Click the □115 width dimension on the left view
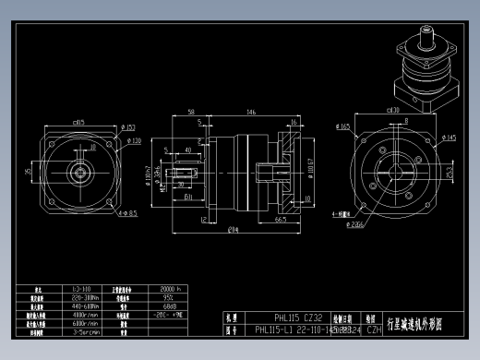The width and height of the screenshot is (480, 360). (78, 122)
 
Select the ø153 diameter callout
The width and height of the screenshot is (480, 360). (128, 127)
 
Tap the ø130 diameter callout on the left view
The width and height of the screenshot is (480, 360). (134, 141)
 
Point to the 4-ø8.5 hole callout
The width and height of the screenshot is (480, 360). (128, 213)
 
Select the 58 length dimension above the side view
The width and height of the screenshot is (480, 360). (190, 112)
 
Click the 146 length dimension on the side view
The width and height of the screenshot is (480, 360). (251, 112)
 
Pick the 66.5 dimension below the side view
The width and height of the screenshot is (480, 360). (280, 220)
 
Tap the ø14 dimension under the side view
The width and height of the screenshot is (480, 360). (234, 229)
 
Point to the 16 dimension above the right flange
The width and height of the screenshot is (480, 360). (293, 122)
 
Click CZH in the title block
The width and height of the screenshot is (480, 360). (374, 329)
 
